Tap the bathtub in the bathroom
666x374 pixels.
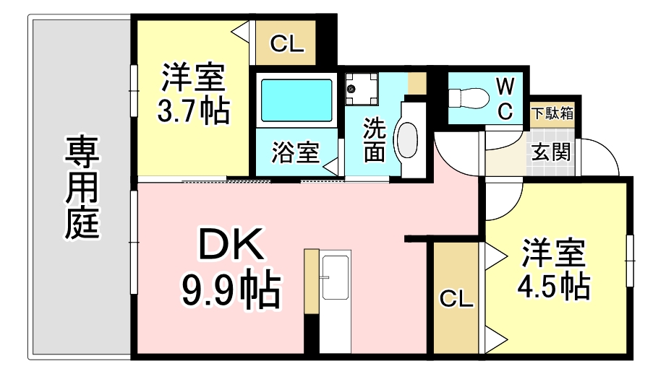(296, 100)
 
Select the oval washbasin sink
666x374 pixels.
(407, 139)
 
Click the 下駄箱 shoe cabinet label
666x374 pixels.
(552, 113)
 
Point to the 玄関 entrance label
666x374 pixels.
(551, 152)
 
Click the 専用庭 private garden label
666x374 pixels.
(82, 187)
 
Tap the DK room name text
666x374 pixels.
(231, 244)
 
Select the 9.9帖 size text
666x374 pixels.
(231, 291)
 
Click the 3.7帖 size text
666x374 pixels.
(194, 111)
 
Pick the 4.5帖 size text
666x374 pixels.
(553, 287)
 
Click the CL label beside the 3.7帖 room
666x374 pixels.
(287, 43)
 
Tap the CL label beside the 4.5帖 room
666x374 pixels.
(456, 298)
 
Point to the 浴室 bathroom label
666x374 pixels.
(296, 152)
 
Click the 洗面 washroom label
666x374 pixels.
(374, 140)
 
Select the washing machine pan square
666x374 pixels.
(362, 89)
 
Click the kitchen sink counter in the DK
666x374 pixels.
(335, 301)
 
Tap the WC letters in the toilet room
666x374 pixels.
(505, 99)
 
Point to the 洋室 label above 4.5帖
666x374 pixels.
(553, 253)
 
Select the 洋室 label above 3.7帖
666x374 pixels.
(193, 77)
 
